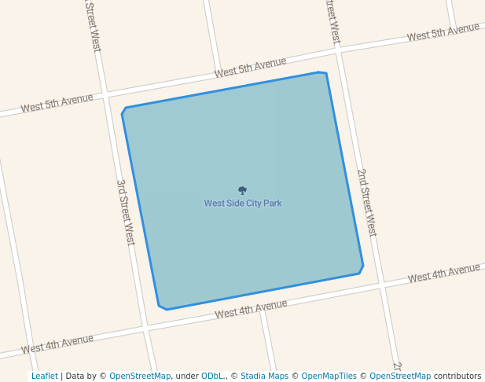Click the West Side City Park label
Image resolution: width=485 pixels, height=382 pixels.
pos(243,204)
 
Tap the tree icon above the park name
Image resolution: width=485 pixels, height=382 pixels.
pos(242,190)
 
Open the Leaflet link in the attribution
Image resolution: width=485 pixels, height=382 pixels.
pos(44,376)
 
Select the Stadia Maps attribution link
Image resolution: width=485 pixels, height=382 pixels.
pos(264,376)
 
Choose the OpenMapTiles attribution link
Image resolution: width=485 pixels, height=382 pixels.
pos(324,376)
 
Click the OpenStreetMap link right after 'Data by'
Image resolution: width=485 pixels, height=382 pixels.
pos(139,376)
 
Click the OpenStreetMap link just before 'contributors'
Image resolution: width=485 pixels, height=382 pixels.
pos(399,376)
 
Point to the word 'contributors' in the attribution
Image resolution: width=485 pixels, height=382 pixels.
pos(457,376)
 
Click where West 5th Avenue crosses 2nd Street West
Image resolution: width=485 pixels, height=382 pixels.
pos(339,50)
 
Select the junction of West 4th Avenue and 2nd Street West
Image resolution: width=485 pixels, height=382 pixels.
pos(381,285)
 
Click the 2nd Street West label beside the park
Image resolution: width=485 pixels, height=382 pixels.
pos(366,202)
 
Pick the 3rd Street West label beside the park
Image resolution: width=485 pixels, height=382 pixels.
pos(126,211)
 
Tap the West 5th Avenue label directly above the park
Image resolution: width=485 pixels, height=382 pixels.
pos(250,68)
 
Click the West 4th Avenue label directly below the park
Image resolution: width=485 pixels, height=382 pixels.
pos(251,309)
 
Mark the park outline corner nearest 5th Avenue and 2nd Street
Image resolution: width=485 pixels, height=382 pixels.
pos(323,73)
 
